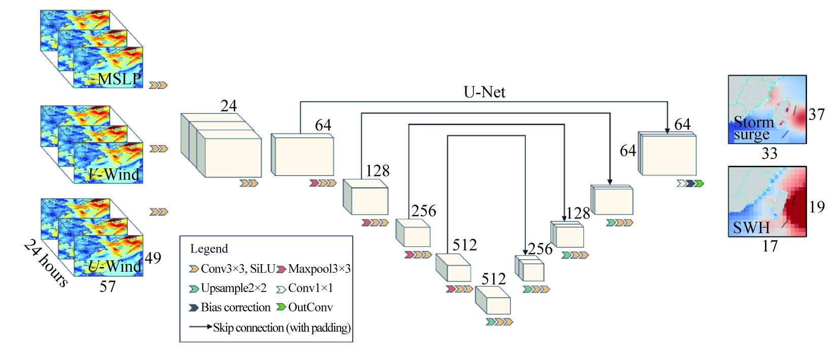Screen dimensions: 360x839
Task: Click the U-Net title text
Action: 484,92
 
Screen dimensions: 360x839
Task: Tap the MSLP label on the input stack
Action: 119,79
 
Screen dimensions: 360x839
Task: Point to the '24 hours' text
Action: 46,263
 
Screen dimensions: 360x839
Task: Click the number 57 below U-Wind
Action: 107,286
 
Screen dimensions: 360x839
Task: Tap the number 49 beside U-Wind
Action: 153,258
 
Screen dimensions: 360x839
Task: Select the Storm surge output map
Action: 767,109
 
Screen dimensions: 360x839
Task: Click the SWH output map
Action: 767,201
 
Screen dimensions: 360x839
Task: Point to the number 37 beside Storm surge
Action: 816,115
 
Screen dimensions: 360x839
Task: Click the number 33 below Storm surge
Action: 769,153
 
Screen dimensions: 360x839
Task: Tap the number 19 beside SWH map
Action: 816,207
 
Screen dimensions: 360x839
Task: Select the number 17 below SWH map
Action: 770,246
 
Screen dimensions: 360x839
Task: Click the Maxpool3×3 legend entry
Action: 314,269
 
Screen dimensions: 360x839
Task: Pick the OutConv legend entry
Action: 305,307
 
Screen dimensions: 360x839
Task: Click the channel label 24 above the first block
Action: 228,105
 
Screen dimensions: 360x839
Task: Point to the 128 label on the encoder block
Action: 377,171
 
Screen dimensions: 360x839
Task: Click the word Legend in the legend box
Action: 209,249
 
